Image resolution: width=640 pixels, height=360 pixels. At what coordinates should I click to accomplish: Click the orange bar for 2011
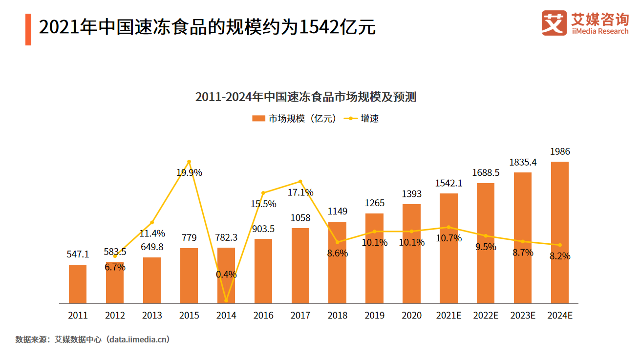click(x=78, y=284)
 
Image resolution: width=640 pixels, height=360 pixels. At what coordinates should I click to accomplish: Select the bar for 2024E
click(x=559, y=233)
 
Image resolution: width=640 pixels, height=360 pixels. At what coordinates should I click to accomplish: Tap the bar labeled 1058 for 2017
click(x=300, y=266)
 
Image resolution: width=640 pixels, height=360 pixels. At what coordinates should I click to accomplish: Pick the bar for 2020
click(x=411, y=254)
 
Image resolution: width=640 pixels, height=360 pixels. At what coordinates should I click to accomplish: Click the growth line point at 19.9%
click(x=189, y=162)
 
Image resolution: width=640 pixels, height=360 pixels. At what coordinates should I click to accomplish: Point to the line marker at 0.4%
click(x=226, y=300)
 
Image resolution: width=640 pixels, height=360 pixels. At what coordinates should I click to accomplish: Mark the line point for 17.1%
click(x=300, y=182)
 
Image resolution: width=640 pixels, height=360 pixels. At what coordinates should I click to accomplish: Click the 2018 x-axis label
click(x=338, y=316)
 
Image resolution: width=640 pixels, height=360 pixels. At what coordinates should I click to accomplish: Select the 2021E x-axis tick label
click(x=448, y=316)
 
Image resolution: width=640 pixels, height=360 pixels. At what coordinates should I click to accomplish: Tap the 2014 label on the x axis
click(x=226, y=316)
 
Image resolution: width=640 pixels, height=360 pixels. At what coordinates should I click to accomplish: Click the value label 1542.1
click(x=448, y=183)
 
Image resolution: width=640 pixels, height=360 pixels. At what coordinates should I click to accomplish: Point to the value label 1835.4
click(x=523, y=162)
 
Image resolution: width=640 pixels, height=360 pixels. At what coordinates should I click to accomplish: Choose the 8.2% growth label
click(x=560, y=256)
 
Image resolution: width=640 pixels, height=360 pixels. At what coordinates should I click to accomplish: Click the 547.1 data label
click(x=78, y=254)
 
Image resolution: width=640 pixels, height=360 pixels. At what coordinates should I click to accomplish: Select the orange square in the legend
click(x=258, y=119)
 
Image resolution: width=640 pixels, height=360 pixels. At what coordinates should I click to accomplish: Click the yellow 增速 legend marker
click(x=350, y=119)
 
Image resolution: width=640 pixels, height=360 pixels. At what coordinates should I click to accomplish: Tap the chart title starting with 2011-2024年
click(x=305, y=97)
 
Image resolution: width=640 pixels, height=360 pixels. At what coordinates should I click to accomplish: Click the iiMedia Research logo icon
click(x=554, y=23)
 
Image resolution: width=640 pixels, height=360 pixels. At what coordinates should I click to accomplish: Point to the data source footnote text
click(x=93, y=339)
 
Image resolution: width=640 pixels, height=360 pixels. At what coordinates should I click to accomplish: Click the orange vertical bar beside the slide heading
click(x=28, y=30)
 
